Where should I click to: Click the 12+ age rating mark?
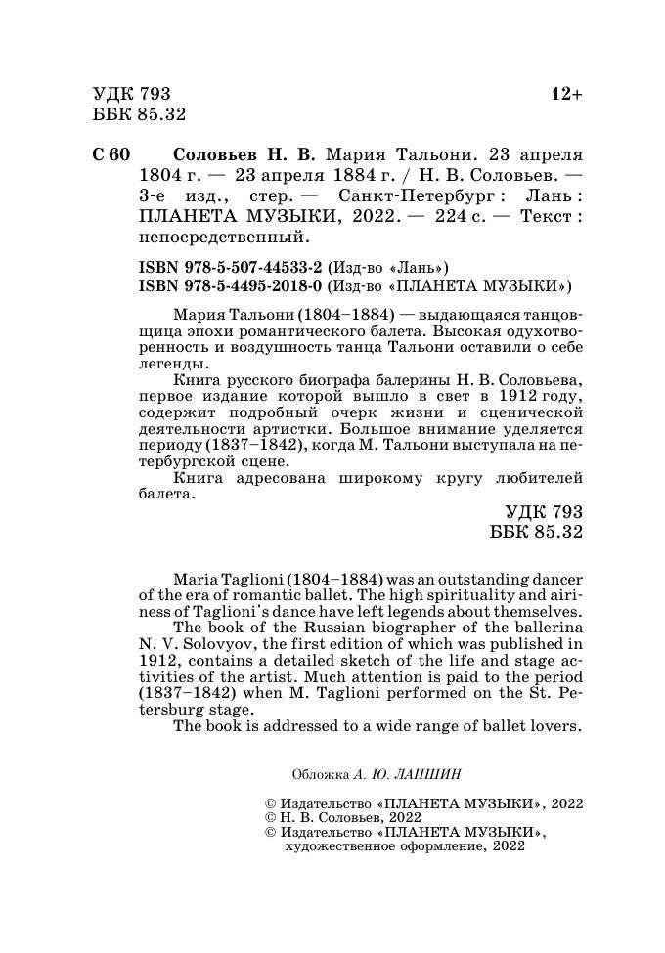566,95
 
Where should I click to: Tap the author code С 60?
111,155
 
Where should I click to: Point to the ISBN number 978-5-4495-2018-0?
231,286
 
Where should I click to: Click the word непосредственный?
223,237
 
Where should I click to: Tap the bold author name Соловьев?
216,155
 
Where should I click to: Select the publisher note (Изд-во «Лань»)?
391,267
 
